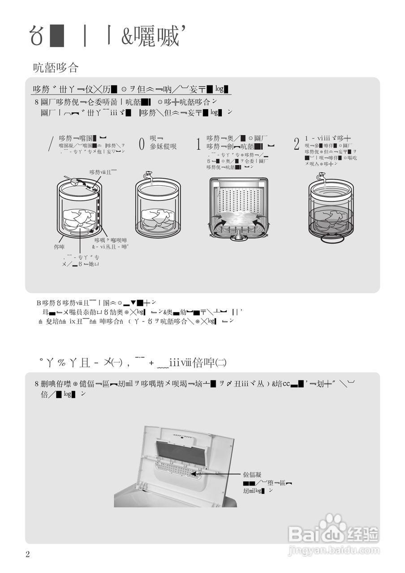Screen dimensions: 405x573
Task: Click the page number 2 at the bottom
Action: point(28,555)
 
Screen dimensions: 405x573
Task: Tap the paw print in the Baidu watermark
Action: point(332,523)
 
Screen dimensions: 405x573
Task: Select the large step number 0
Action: point(142,144)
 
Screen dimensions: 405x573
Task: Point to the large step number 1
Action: point(198,144)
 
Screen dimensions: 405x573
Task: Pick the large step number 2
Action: point(296,144)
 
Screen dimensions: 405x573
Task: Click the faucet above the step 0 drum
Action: point(146,176)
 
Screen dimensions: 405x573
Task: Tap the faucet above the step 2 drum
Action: point(321,177)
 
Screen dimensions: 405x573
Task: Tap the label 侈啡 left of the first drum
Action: point(59,247)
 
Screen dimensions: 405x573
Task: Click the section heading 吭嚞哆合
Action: point(56,68)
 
